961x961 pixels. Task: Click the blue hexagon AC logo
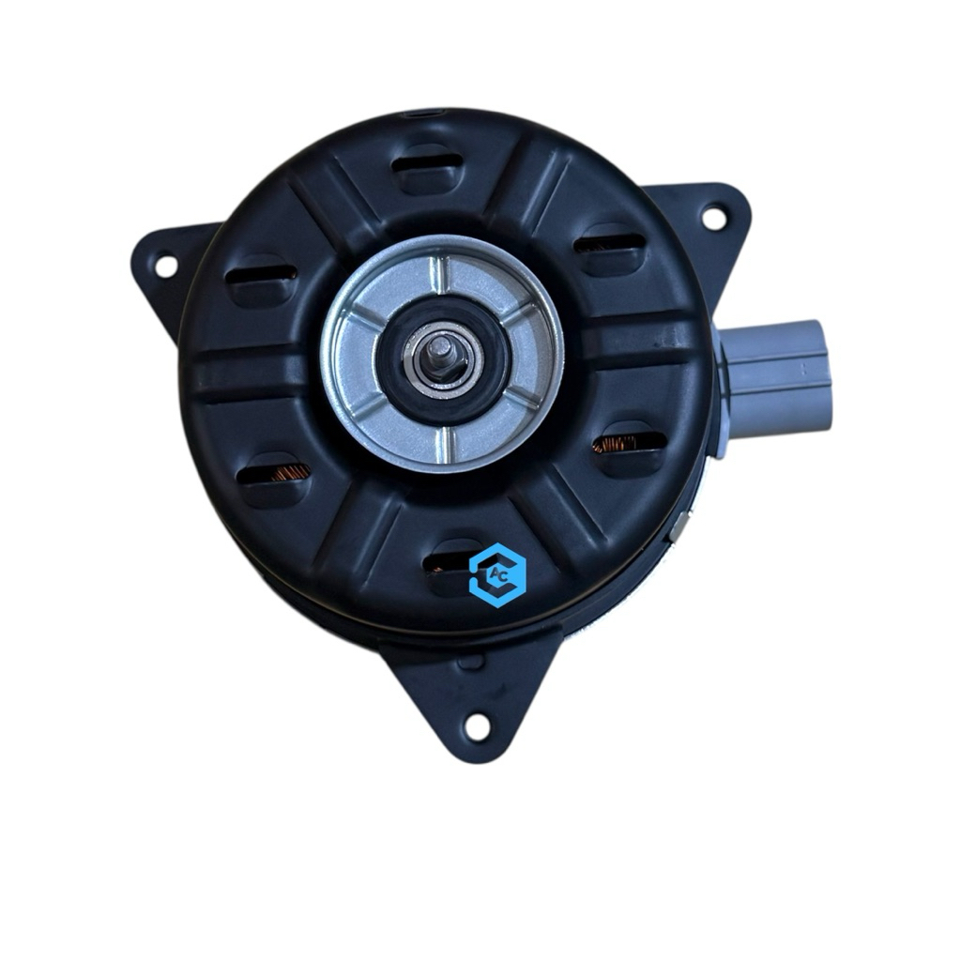tap(497, 574)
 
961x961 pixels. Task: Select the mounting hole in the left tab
tap(165, 266)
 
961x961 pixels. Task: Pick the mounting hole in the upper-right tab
tap(713, 217)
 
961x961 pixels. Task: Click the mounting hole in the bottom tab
tap(478, 726)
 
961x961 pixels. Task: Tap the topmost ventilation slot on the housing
tap(427, 163)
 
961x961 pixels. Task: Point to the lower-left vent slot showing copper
tap(272, 473)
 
